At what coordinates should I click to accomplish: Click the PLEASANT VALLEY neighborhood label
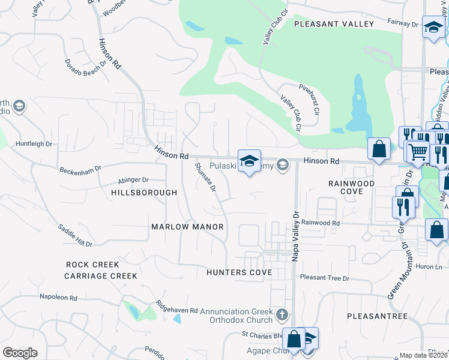click(x=334, y=24)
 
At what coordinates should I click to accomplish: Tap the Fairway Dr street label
click(x=402, y=24)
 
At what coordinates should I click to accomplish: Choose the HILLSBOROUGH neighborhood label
click(x=144, y=193)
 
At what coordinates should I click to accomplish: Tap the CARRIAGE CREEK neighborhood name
click(x=101, y=276)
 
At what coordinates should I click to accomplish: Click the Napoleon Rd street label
click(x=58, y=298)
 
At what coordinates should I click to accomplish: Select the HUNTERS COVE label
click(x=239, y=272)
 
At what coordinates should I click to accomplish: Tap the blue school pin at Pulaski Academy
click(x=249, y=161)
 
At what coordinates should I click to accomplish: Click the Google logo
click(x=20, y=353)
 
